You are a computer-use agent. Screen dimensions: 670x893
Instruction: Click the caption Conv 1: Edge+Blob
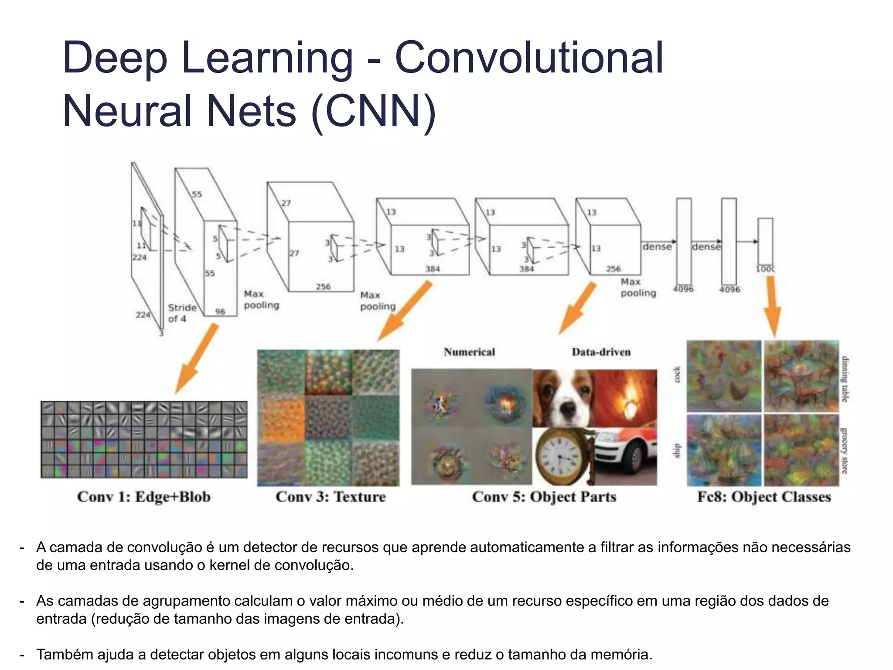click(x=144, y=497)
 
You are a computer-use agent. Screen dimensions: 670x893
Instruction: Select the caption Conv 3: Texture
click(x=331, y=497)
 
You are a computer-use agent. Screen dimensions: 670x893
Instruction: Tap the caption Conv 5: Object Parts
click(x=544, y=497)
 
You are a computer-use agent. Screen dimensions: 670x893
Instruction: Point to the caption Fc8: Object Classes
click(x=764, y=497)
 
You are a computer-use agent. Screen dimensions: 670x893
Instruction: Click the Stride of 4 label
click(x=182, y=313)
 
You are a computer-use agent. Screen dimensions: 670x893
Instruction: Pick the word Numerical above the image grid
click(x=469, y=352)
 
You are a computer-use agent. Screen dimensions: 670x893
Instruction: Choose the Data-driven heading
click(x=601, y=352)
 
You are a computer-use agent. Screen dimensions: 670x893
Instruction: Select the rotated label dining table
click(x=845, y=379)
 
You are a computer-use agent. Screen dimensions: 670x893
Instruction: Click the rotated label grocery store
click(x=844, y=451)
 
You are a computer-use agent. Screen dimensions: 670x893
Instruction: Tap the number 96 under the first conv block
click(x=220, y=311)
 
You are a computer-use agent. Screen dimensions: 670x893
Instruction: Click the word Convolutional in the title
click(x=529, y=58)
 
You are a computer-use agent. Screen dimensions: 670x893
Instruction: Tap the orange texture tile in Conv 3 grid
click(x=281, y=417)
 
